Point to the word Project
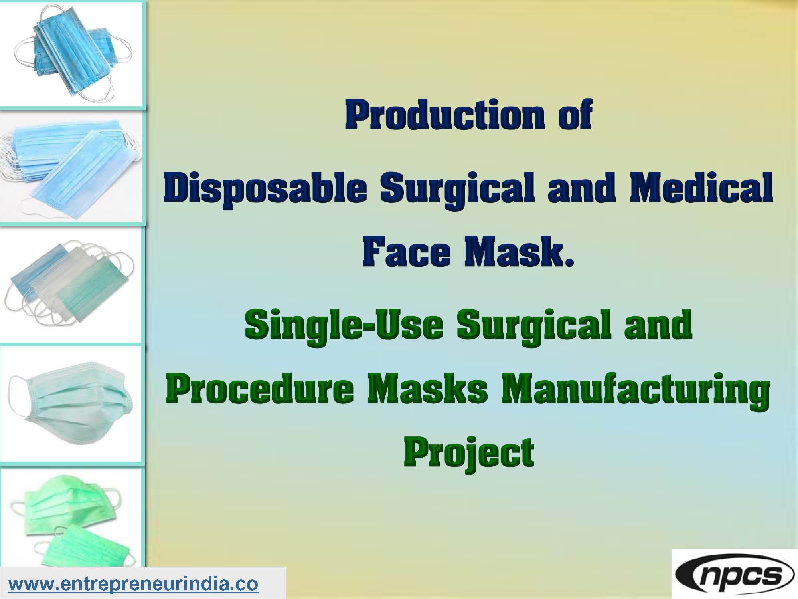coord(468,455)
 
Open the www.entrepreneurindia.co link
coord(133,584)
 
